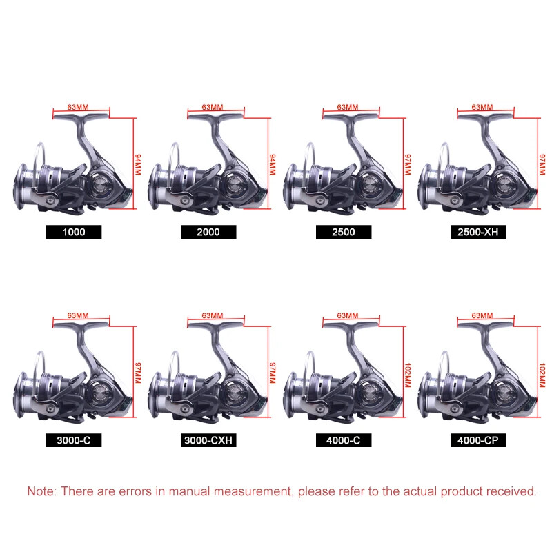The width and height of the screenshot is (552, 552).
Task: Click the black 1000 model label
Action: [x=74, y=232]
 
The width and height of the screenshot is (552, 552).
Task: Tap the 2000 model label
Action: [x=208, y=232]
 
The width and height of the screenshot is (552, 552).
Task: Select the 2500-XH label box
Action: [x=478, y=232]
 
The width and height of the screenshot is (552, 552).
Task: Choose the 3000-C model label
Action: [x=74, y=440]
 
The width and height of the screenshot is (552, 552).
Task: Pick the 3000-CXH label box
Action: [x=208, y=440]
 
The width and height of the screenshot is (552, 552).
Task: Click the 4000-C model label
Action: [x=344, y=440]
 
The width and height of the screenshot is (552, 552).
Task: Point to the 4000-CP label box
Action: [x=478, y=440]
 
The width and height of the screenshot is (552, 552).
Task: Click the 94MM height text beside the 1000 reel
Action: [x=138, y=164]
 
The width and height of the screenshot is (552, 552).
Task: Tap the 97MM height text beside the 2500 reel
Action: [x=408, y=164]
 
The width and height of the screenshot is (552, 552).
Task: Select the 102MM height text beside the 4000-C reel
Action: [x=408, y=375]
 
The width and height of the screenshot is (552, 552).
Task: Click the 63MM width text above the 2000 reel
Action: [x=213, y=107]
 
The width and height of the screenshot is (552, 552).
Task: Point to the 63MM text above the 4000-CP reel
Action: [x=482, y=315]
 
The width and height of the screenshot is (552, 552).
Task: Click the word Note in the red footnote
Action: [x=41, y=491]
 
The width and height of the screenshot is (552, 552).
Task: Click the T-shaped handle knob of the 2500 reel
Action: [x=351, y=116]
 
